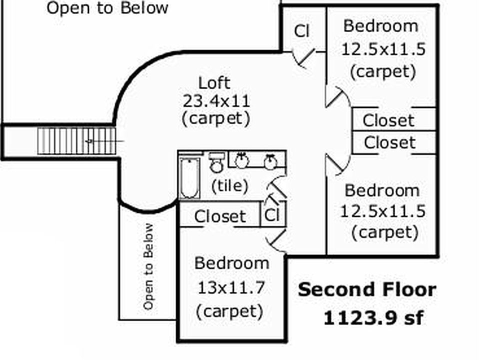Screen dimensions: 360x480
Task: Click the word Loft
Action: click(x=214, y=83)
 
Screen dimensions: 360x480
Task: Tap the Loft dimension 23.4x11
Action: click(x=215, y=101)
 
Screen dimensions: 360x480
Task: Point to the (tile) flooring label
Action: click(x=229, y=186)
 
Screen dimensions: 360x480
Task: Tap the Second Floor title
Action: click(x=366, y=290)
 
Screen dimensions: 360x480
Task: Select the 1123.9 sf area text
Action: click(x=372, y=318)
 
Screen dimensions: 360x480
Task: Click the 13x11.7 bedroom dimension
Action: click(x=231, y=288)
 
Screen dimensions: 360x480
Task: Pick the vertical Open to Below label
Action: click(x=148, y=266)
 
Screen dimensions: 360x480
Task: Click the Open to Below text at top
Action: click(x=107, y=8)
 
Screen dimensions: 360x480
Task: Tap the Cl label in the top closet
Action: click(x=302, y=31)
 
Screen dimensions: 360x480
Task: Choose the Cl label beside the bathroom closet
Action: click(x=271, y=215)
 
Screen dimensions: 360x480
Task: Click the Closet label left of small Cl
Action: click(x=220, y=216)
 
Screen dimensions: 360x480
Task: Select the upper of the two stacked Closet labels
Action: click(x=388, y=120)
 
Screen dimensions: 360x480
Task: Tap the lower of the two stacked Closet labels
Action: click(x=389, y=143)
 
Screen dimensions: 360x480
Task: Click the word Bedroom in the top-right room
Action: click(x=380, y=26)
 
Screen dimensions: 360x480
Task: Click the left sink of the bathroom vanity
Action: click(x=241, y=160)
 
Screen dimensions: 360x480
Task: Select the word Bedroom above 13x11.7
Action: click(x=231, y=263)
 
